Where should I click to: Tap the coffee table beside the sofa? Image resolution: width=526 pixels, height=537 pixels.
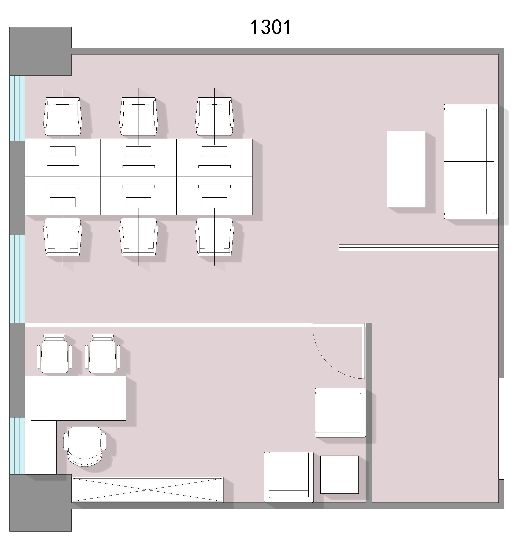(x=406, y=169)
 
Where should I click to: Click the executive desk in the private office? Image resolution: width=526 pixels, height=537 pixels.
(x=78, y=398)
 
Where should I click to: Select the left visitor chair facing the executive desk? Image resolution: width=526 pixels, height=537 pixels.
(x=54, y=353)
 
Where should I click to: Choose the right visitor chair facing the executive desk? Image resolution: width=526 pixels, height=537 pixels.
(x=103, y=353)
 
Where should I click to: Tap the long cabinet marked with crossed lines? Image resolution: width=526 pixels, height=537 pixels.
(x=148, y=489)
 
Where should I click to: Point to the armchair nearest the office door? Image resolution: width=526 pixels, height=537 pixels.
(x=340, y=413)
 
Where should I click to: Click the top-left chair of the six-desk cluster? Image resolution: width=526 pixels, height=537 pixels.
(x=63, y=116)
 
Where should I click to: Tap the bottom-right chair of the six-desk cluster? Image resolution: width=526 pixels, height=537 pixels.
(x=214, y=237)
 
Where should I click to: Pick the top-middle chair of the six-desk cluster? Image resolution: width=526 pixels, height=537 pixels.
(x=139, y=116)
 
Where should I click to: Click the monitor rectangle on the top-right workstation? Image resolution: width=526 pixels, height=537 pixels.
(x=214, y=151)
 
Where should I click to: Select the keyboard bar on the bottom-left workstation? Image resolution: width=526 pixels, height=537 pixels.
(x=63, y=186)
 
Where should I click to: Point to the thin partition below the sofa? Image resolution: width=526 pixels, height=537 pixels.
(x=419, y=247)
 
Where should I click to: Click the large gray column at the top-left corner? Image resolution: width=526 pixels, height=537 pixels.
(x=41, y=51)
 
